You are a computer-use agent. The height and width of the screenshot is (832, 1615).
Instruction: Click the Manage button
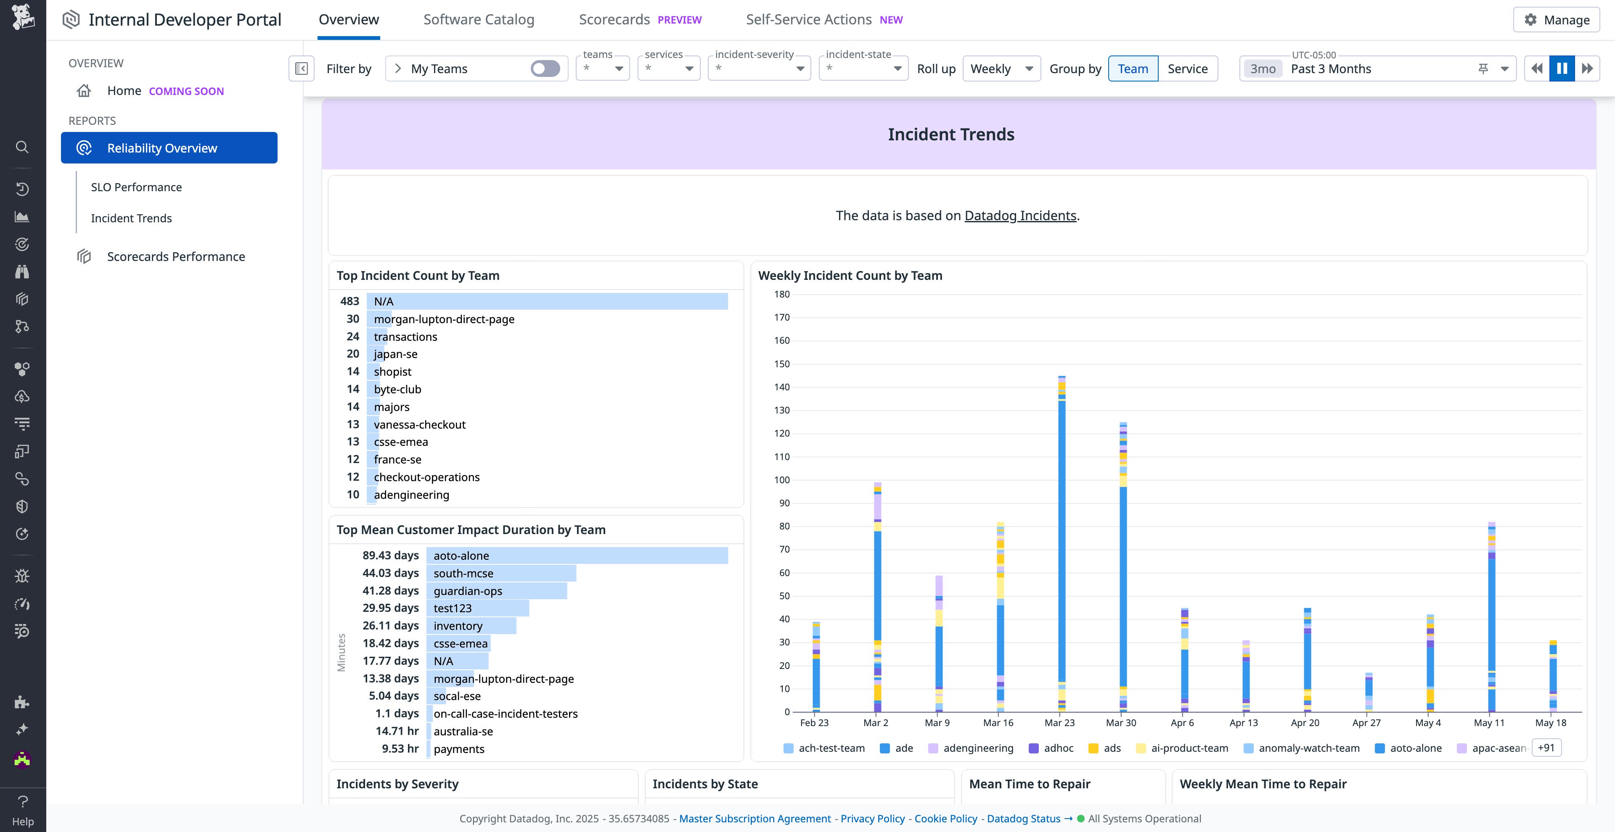pyautogui.click(x=1556, y=20)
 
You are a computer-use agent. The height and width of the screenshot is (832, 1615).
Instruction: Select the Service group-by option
pyautogui.click(x=1187, y=69)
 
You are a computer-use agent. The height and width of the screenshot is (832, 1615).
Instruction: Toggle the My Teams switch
pyautogui.click(x=545, y=69)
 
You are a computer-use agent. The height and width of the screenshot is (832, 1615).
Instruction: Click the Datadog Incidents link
pyautogui.click(x=1019, y=216)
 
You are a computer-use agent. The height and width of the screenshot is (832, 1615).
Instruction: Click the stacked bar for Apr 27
pyautogui.click(x=1368, y=692)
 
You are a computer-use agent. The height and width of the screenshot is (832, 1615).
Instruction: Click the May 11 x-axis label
pyautogui.click(x=1488, y=722)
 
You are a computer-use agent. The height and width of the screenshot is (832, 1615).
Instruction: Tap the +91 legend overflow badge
pyautogui.click(x=1546, y=748)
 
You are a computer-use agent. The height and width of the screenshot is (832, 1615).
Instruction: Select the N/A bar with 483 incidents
pyautogui.click(x=547, y=301)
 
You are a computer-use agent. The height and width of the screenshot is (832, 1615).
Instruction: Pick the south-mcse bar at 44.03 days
pyautogui.click(x=500, y=573)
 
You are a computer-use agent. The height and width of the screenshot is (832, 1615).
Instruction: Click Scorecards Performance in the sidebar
pyautogui.click(x=175, y=257)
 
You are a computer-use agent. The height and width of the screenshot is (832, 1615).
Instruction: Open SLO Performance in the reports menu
pyautogui.click(x=136, y=187)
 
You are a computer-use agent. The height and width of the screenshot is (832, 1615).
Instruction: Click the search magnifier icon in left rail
pyautogui.click(x=22, y=147)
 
